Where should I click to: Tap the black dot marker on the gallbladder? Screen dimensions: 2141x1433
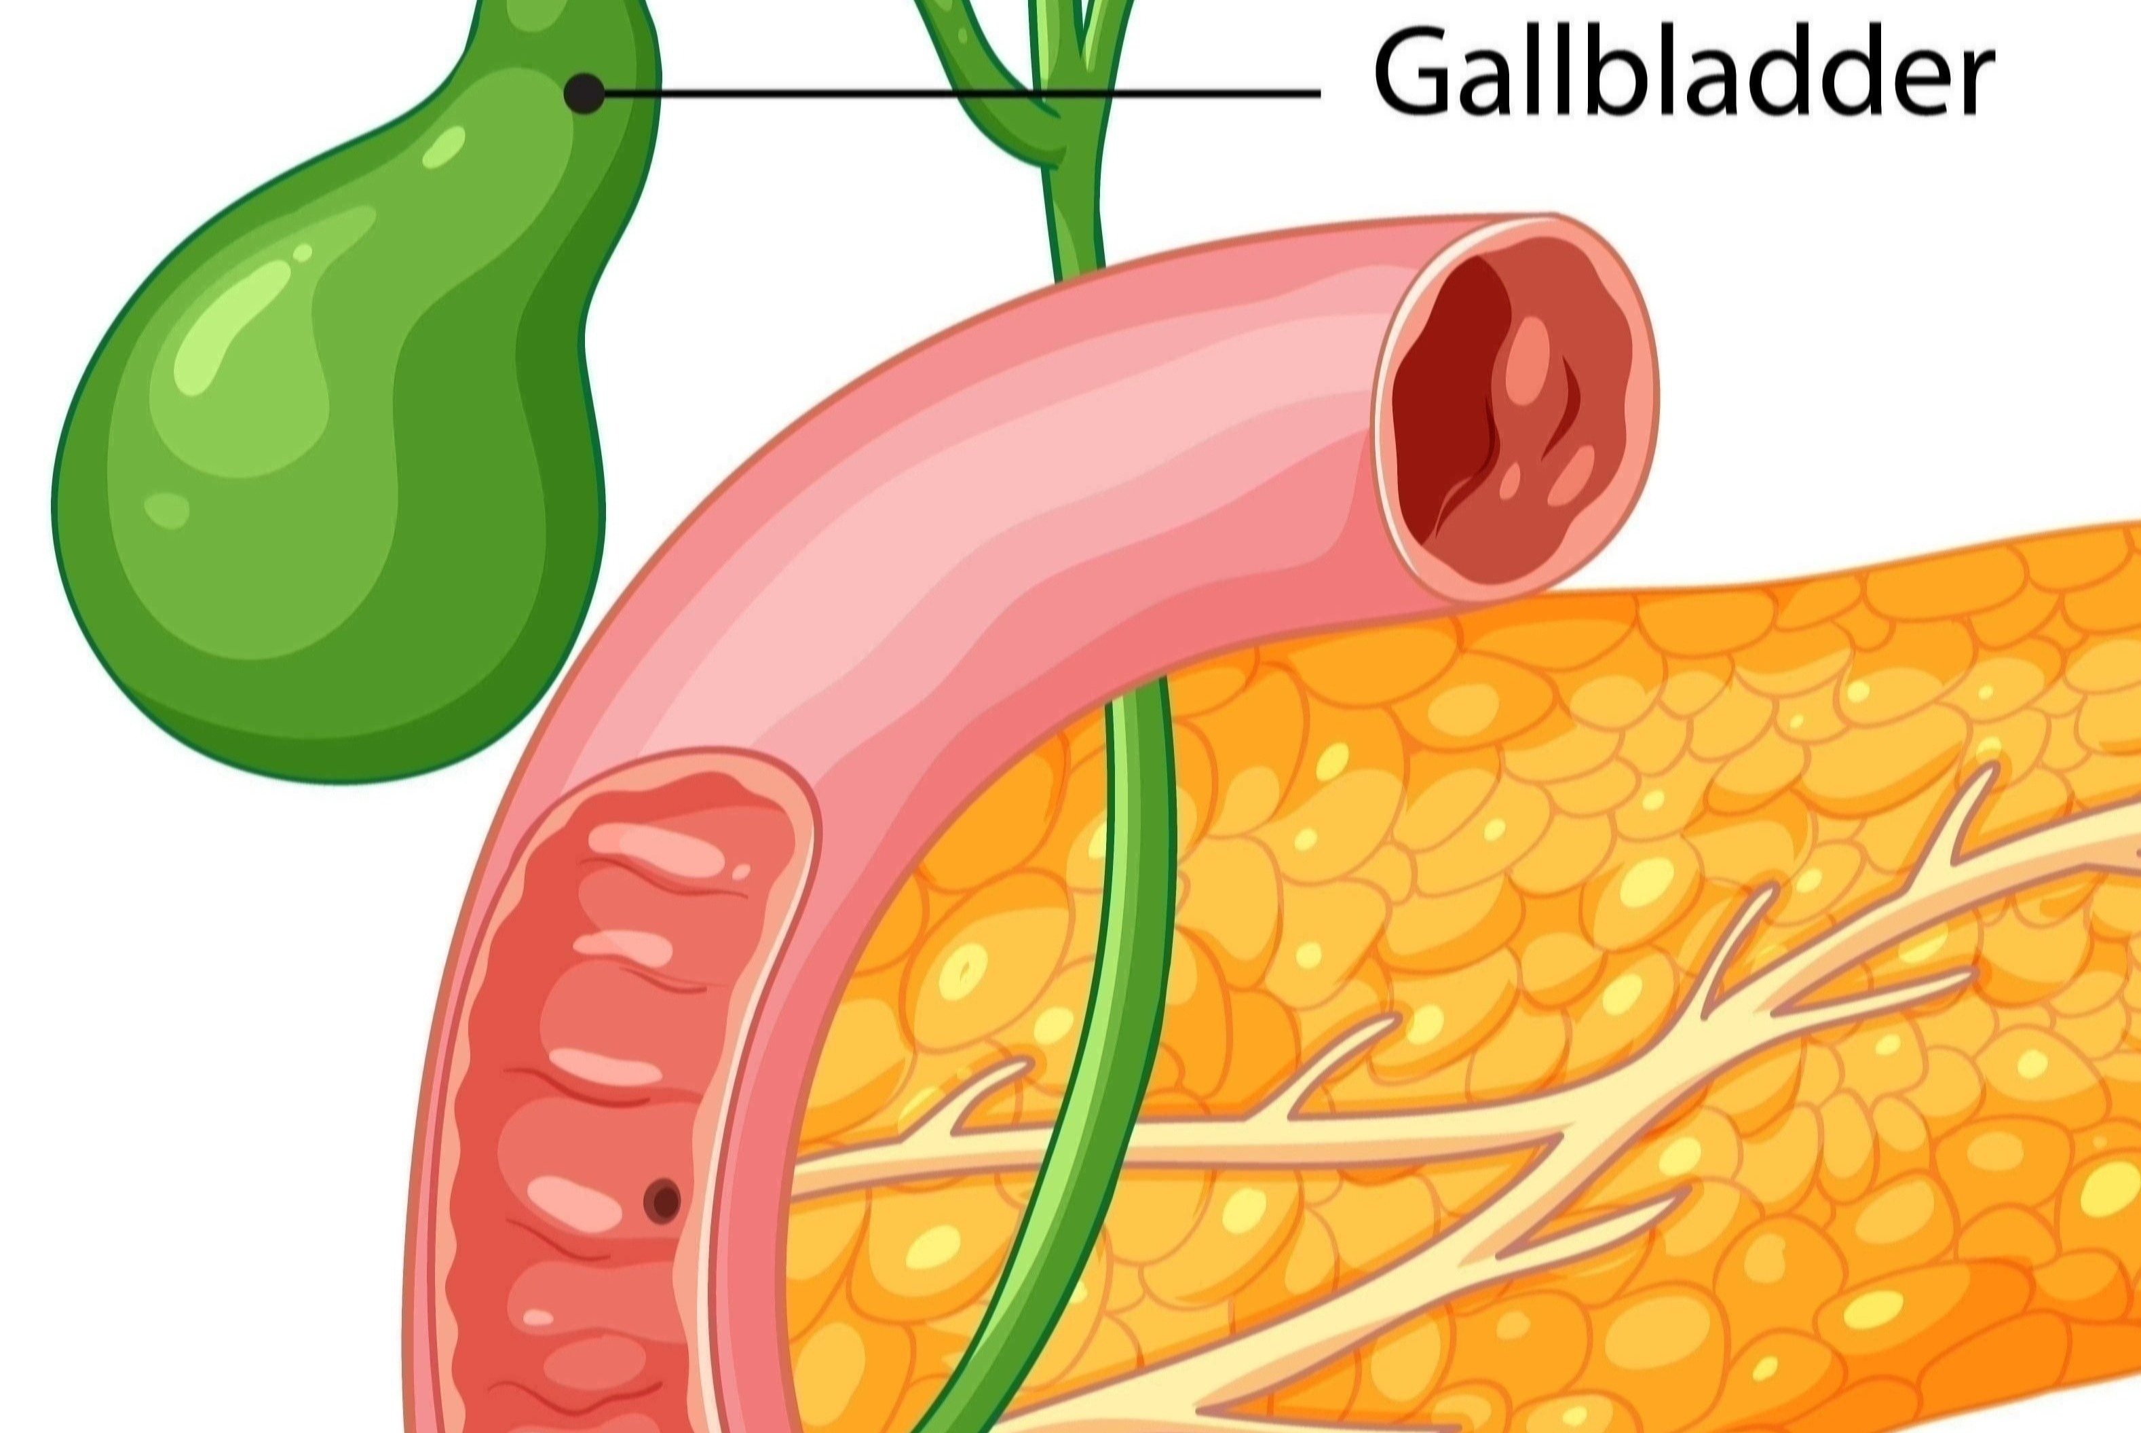point(585,93)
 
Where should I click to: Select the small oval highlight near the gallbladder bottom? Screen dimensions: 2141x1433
point(166,510)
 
